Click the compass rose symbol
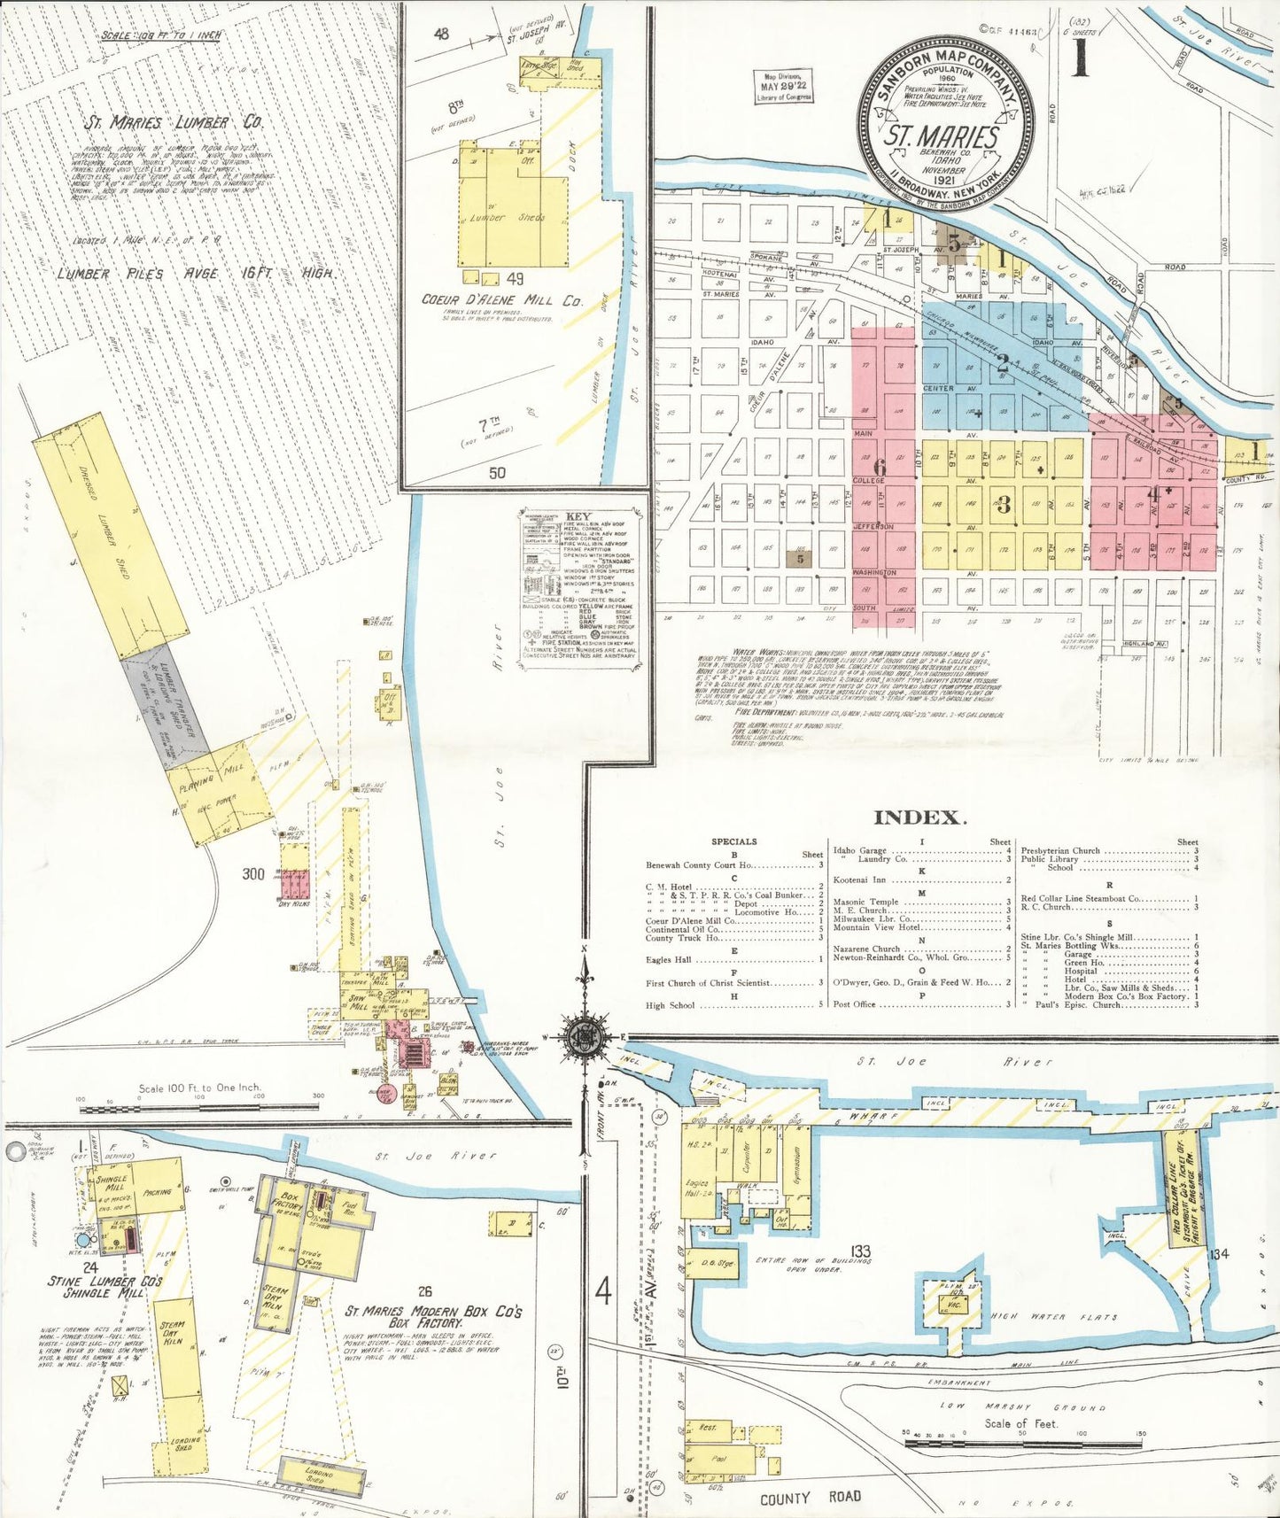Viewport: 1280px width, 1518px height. tap(584, 1033)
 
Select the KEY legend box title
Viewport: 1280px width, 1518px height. tap(578, 516)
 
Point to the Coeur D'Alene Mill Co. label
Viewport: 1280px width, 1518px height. tap(502, 300)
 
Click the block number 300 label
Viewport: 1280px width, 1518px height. tap(253, 874)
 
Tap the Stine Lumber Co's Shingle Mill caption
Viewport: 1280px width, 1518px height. tap(105, 1287)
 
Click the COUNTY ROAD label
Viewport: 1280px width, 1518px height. tap(810, 1497)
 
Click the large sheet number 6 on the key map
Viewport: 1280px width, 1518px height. tap(879, 467)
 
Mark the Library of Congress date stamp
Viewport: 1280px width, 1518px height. tap(784, 87)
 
